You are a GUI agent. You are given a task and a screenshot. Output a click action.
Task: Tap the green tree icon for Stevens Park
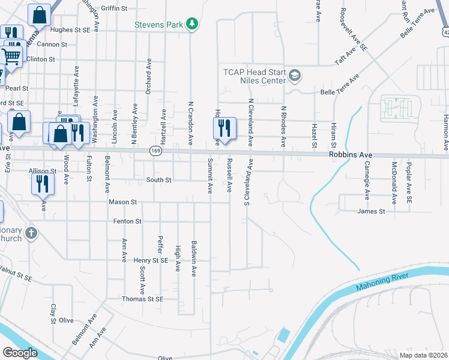[x=192, y=24]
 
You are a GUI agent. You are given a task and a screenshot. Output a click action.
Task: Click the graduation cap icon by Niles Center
[x=294, y=76]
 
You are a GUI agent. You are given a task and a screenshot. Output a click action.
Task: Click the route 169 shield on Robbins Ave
[x=155, y=150]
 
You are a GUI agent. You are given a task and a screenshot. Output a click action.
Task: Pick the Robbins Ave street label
[x=351, y=155]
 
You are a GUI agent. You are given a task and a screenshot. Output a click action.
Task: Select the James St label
[x=370, y=211]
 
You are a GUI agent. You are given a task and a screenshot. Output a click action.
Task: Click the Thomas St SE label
[x=142, y=299]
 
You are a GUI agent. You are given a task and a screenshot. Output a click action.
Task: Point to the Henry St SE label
[x=150, y=260]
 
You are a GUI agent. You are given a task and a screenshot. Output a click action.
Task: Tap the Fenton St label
[x=127, y=221]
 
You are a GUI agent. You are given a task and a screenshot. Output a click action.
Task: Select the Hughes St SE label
[x=70, y=29]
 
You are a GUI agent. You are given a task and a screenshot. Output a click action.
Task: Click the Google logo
[x=20, y=353]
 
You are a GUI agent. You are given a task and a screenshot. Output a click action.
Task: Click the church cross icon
[x=32, y=232]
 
